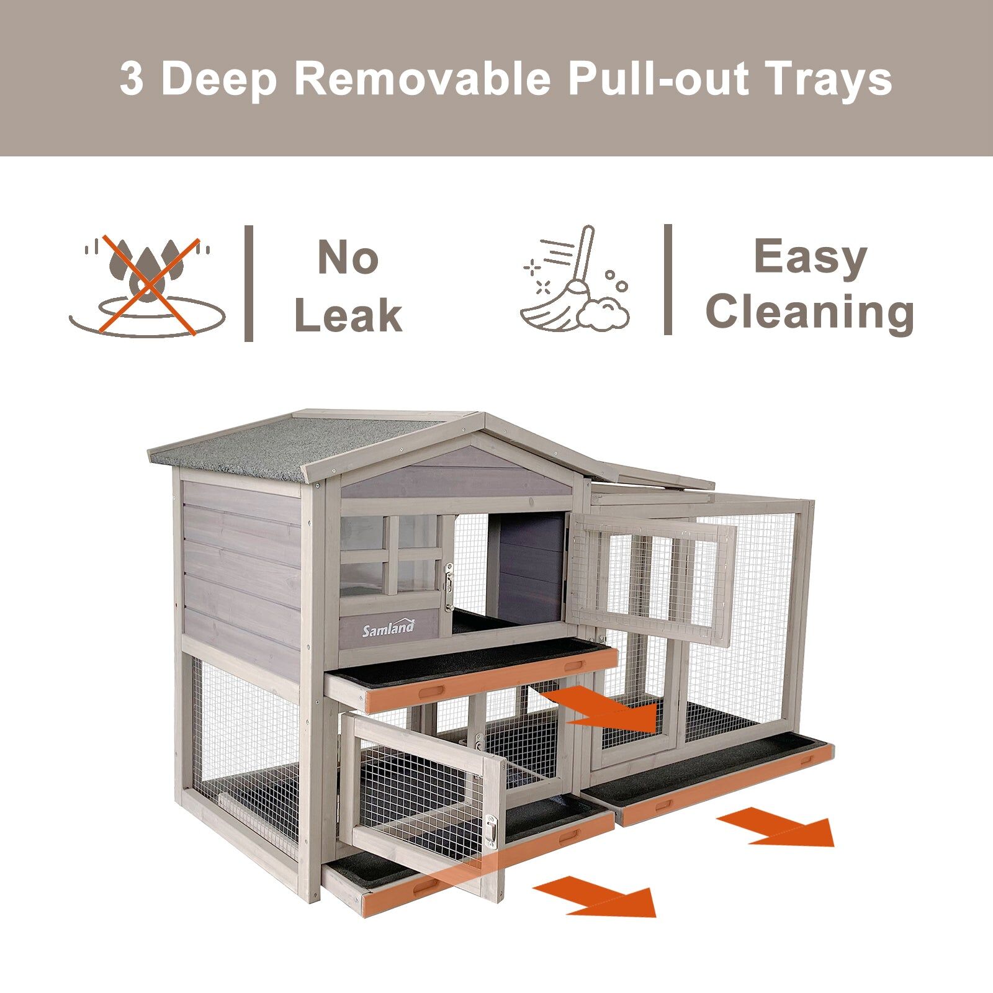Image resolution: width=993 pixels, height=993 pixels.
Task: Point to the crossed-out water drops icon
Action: (147, 285)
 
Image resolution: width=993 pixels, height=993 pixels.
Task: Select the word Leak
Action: (348, 315)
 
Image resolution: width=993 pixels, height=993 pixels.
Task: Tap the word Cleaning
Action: (810, 312)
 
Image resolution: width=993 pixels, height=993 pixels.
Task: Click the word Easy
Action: (810, 257)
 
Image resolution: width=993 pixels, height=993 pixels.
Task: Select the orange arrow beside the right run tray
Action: (776, 826)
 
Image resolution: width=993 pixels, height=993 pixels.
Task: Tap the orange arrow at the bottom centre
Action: (594, 896)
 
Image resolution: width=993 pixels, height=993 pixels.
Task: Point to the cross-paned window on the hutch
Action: (391, 555)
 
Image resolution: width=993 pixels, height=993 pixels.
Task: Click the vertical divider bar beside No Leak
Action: (249, 283)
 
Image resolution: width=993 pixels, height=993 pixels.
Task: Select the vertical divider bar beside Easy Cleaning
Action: (668, 279)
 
